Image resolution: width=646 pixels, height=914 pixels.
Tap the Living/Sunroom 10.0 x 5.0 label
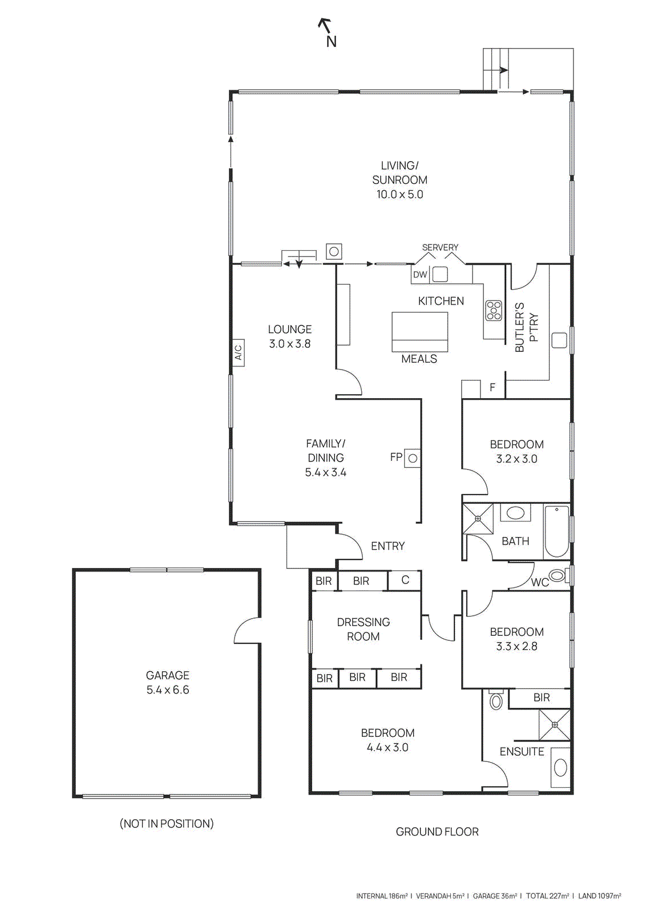pyautogui.click(x=399, y=180)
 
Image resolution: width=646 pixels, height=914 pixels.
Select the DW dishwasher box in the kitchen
pyautogui.click(x=420, y=275)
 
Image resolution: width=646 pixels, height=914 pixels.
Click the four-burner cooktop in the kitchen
pyautogui.click(x=494, y=311)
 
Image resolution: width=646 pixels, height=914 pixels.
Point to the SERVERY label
pyautogui.click(x=440, y=247)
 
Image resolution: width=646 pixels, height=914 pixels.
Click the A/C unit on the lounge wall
pyautogui.click(x=238, y=352)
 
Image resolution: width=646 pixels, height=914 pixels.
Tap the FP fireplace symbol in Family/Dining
pyautogui.click(x=413, y=458)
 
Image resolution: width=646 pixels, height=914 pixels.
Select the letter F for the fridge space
pyautogui.click(x=492, y=388)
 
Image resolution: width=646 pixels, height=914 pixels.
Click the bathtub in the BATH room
pyautogui.click(x=556, y=531)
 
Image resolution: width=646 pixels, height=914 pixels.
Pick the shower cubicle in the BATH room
pyautogui.click(x=478, y=518)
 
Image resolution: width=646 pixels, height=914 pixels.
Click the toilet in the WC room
pyautogui.click(x=557, y=575)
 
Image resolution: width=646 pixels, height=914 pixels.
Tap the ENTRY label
pyautogui.click(x=387, y=546)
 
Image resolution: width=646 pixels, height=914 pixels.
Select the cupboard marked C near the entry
pyautogui.click(x=405, y=580)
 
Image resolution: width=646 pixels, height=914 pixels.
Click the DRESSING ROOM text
pyautogui.click(x=363, y=629)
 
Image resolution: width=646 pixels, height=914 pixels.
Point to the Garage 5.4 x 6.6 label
pyautogui.click(x=167, y=683)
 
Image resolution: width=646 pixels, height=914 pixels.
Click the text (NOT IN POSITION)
pyautogui.click(x=167, y=824)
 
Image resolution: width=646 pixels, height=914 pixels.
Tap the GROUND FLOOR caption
pyautogui.click(x=437, y=832)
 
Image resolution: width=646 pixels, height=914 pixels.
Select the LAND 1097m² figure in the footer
pyautogui.click(x=599, y=896)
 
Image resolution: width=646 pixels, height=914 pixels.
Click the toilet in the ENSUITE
pyautogui.click(x=496, y=701)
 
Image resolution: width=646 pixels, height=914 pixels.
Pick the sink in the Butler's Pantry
pyautogui.click(x=559, y=340)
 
